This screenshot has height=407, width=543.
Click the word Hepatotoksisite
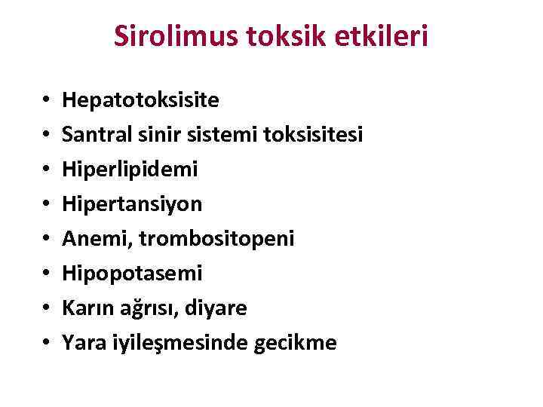pos(141,99)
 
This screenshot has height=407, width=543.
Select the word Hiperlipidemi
pos(130,169)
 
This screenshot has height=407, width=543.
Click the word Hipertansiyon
pos(133,203)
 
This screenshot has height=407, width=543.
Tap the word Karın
pos(83,308)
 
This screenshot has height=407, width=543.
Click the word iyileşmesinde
pos(165,343)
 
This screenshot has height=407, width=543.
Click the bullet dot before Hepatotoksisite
pos(45,100)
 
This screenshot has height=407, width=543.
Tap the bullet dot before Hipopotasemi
pos(45,274)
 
